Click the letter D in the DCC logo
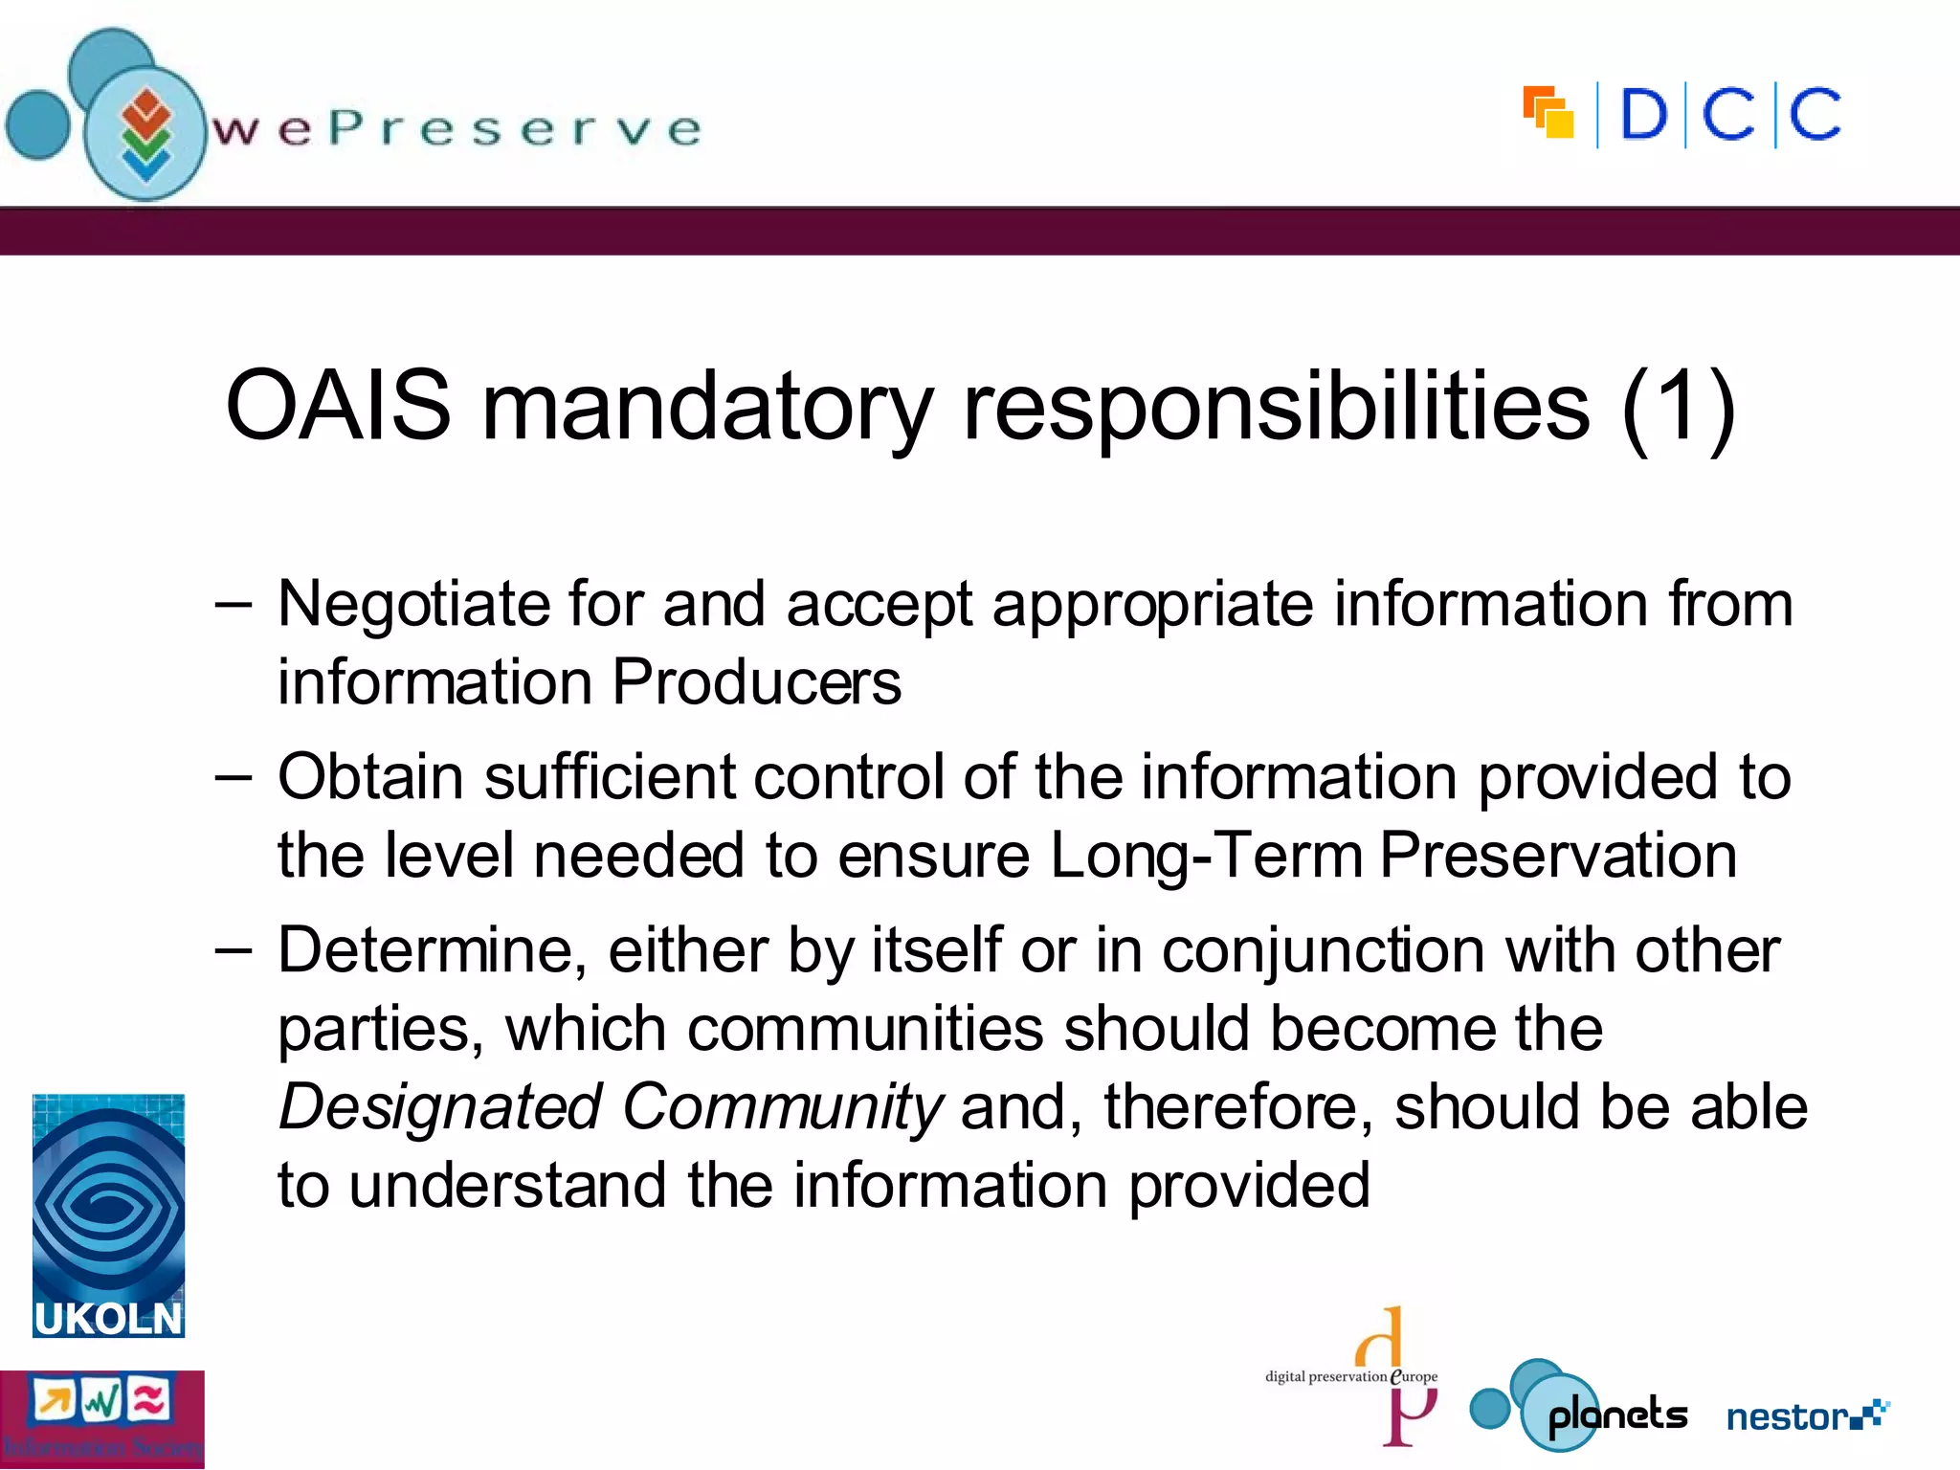(1643, 116)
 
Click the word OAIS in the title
(338, 406)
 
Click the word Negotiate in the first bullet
(413, 605)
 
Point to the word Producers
(756, 682)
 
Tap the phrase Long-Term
(1206, 855)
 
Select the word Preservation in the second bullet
(1558, 855)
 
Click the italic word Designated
(439, 1107)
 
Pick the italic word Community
(783, 1107)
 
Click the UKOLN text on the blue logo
(108, 1319)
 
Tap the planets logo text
(1617, 1414)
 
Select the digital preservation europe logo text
(1350, 1377)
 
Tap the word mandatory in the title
(706, 408)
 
